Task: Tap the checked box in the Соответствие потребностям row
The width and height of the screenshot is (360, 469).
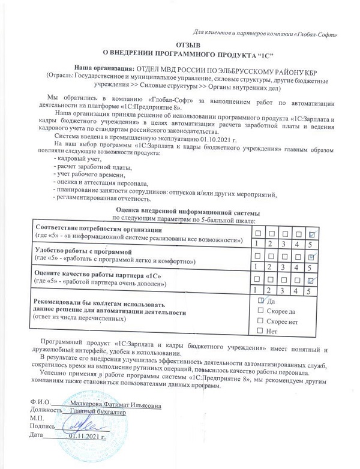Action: coord(311,233)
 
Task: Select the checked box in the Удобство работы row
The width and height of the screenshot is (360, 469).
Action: coord(311,257)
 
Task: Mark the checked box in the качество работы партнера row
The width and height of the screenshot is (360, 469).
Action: coord(311,280)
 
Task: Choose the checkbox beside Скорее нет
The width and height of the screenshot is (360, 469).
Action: coord(260,321)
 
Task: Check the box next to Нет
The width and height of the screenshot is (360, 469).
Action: coord(260,331)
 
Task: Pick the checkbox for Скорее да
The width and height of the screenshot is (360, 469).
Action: coord(260,311)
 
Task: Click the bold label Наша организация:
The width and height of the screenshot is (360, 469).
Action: coord(104,70)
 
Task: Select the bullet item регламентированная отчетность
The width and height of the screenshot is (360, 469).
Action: coord(102,198)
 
